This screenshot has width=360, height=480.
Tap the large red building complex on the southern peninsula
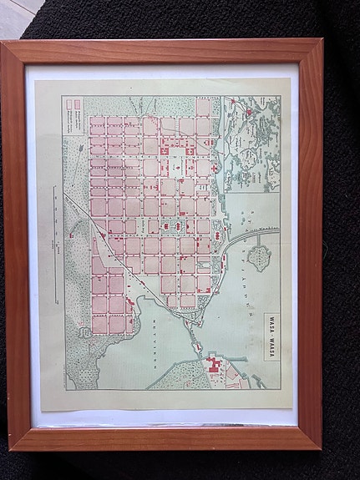coord(215,365)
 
